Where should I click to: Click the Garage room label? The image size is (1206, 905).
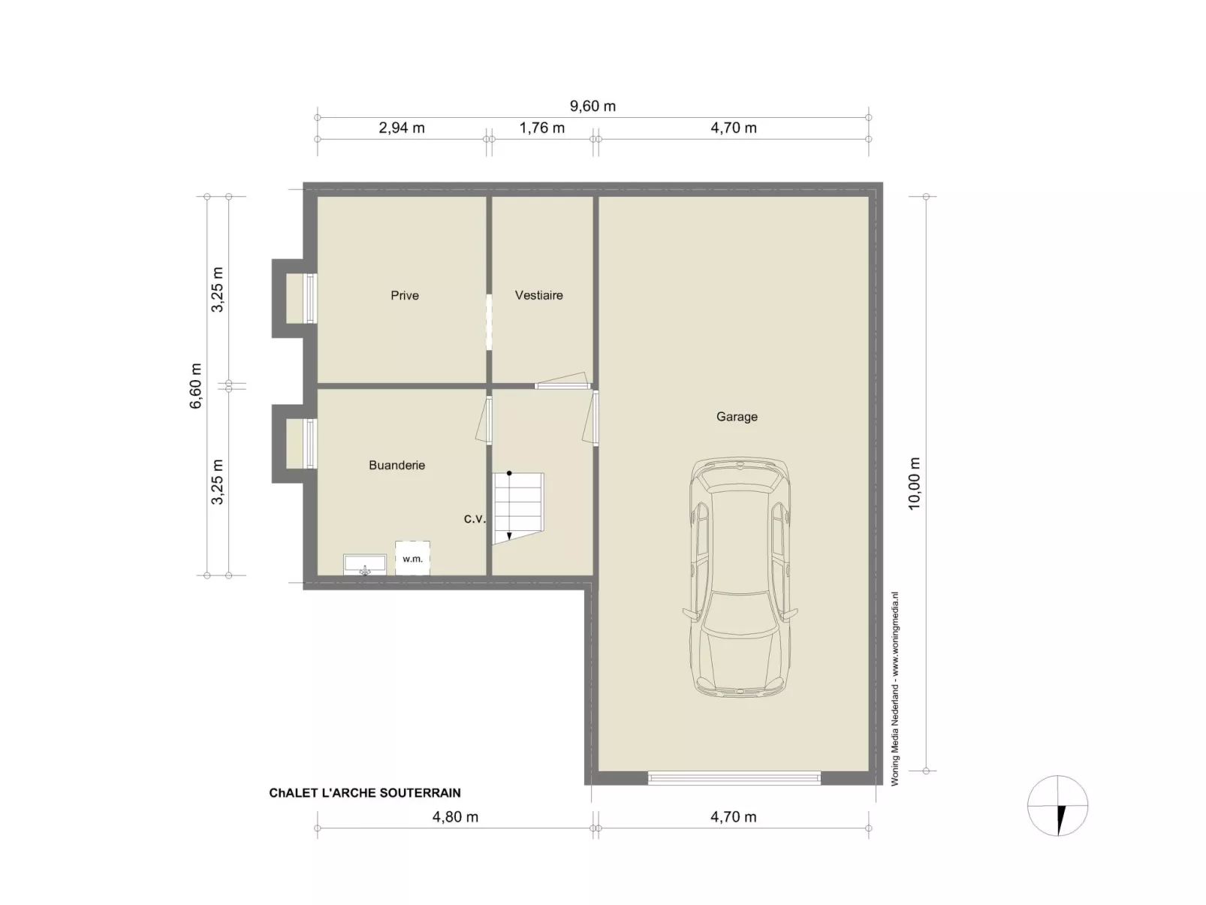pos(736,417)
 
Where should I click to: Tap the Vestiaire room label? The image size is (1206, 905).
pos(538,295)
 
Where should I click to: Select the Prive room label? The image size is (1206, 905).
pos(405,295)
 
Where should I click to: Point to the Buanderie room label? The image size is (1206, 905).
pos(396,465)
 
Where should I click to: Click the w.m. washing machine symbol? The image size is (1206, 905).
pos(412,558)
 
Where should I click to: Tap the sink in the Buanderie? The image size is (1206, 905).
pos(365,564)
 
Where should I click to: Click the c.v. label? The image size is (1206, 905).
pos(475,518)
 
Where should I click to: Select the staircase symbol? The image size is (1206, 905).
pos(517,508)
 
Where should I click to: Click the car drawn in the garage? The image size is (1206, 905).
pos(740,577)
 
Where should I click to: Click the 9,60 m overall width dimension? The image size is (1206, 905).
pos(592,106)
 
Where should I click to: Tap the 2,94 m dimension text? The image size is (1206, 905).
pos(402,128)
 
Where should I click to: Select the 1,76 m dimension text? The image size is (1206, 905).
pos(541,128)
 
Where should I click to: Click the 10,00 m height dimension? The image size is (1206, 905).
pos(914,484)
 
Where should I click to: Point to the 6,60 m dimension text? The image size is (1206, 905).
pos(195,386)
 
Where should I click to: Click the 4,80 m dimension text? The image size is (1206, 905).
pos(455,817)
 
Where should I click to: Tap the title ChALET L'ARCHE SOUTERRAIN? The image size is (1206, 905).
pos(365,793)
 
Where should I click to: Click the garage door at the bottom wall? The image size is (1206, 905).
pos(734,777)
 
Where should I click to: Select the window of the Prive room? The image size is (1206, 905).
pos(310,298)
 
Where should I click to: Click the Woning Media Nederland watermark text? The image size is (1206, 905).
pos(894,689)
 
